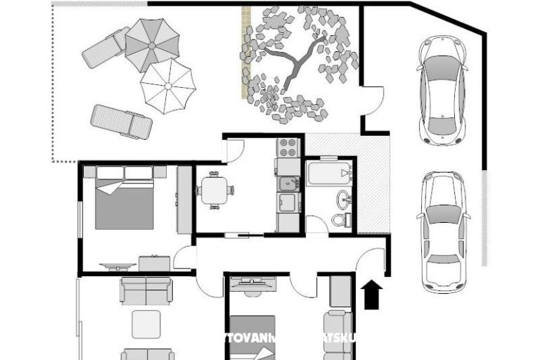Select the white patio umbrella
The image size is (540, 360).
[167, 85]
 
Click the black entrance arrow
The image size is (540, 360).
[372, 295]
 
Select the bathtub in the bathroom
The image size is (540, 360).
[329, 173]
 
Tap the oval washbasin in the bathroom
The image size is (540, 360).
[343, 199]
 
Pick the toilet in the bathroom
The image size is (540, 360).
[341, 219]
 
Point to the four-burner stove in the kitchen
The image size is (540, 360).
[288, 147]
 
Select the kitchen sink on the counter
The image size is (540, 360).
[288, 184]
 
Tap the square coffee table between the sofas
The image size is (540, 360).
[146, 324]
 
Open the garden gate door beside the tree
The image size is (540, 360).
[373, 98]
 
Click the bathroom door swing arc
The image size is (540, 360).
[317, 224]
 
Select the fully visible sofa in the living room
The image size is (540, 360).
[146, 290]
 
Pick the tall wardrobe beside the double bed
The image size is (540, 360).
[184, 200]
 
